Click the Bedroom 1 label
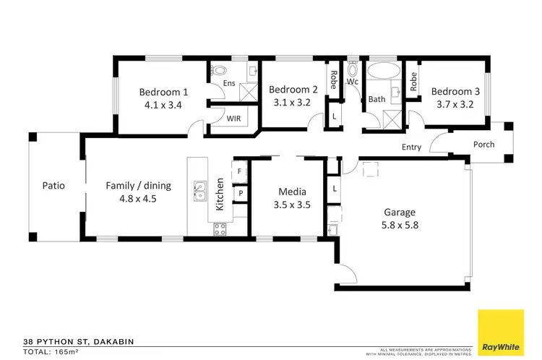click(163, 92)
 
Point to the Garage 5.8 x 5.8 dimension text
click(399, 225)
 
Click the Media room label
click(293, 192)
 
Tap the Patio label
click(53, 186)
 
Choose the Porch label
click(483, 144)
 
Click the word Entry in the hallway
click(411, 148)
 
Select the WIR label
click(233, 119)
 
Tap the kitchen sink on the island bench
click(199, 192)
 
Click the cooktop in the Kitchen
click(220, 229)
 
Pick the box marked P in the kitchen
click(240, 194)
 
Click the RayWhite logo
click(501, 332)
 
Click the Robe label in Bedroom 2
click(333, 79)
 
